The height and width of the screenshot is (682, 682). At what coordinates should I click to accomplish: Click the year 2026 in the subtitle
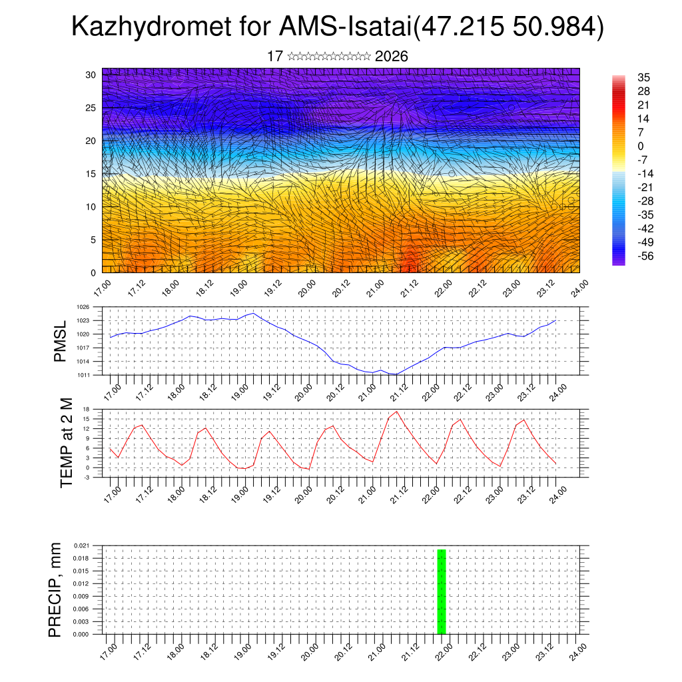392,57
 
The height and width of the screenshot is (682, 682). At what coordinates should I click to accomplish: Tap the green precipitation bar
442,591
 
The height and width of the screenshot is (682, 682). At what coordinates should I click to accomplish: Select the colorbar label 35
643,77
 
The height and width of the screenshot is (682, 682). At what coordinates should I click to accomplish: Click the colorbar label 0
641,146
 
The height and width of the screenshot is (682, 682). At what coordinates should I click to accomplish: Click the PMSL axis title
60,342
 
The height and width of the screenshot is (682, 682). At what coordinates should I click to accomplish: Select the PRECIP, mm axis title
55,589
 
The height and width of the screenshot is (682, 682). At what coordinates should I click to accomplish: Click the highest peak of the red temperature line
397,411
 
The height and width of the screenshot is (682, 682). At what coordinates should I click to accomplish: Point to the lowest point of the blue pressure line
396,374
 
